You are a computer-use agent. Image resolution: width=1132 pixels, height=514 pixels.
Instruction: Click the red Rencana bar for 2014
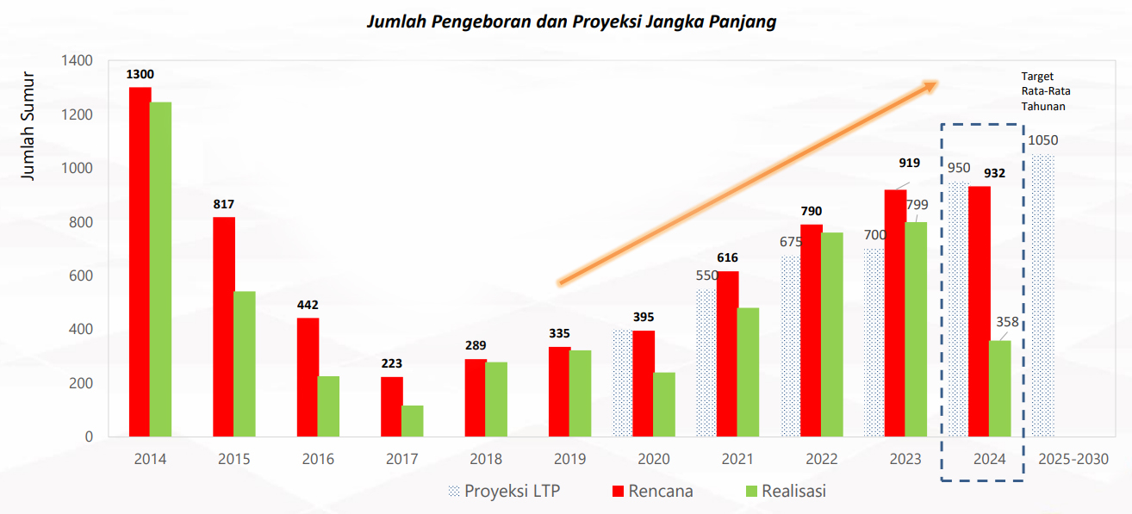coord(140,262)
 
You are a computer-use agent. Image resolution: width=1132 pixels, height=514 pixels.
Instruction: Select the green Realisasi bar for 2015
coord(244,363)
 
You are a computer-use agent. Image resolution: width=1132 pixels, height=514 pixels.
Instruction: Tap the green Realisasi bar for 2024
coord(999,388)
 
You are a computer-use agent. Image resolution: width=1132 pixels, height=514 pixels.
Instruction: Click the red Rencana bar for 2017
coord(392,406)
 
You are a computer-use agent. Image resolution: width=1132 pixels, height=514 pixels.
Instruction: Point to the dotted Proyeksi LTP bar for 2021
coord(706,362)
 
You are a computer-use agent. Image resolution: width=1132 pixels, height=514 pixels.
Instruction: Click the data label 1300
coord(140,74)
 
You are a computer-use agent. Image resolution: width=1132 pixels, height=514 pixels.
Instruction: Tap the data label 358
coord(1008,323)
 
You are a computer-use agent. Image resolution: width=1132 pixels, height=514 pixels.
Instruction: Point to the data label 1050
coord(1042,140)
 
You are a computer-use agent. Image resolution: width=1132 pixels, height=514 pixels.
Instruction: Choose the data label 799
coord(917,204)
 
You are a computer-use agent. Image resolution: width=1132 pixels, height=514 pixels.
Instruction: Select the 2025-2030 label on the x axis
coord(1073,459)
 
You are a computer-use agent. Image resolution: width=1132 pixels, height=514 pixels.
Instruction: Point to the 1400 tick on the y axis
coord(78,61)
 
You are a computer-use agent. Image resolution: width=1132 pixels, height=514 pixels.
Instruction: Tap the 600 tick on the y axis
coord(82,276)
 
